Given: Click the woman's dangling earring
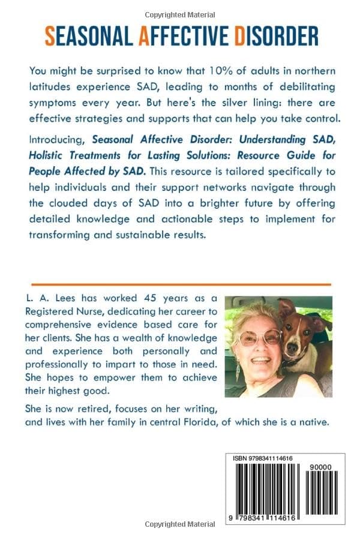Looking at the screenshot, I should coord(238,371).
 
